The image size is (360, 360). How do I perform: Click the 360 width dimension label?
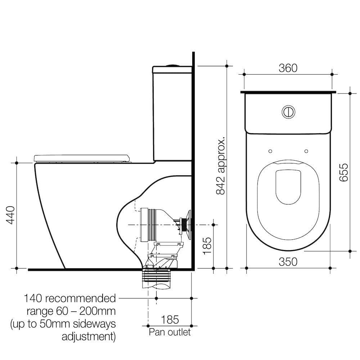coord(288,68)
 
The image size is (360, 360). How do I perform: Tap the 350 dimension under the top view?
coord(288,262)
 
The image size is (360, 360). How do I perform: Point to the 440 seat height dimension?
coord(10,215)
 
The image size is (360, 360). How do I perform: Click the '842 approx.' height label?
coord(220,166)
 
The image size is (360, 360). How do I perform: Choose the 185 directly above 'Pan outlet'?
coord(170,319)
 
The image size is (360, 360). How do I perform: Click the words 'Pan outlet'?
coord(170,332)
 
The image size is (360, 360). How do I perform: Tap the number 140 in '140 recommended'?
coord(33,298)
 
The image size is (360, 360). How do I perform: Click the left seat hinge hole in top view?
coord(270,151)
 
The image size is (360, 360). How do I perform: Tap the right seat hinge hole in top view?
coord(306,151)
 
